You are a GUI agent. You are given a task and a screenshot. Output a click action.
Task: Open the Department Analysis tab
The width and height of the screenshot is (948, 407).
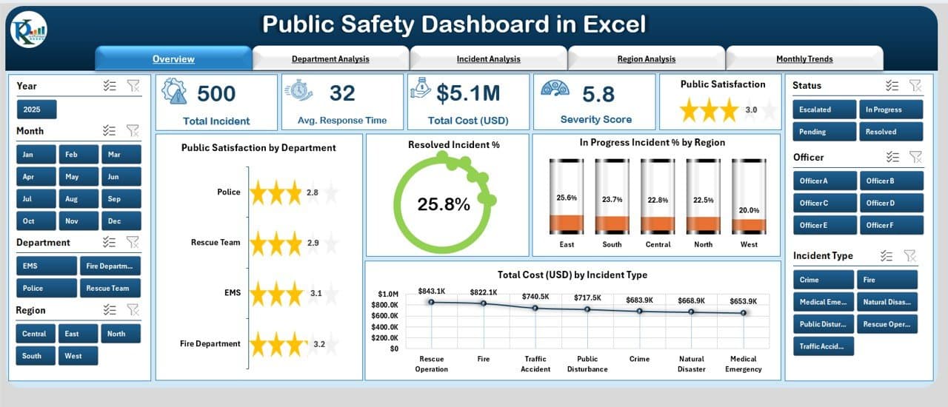330,59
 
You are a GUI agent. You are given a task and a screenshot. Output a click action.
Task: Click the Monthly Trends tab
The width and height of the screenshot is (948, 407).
804,59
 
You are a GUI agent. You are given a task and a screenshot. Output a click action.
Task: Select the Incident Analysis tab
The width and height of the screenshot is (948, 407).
488,59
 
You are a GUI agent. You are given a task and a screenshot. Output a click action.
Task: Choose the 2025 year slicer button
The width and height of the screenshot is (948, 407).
36,110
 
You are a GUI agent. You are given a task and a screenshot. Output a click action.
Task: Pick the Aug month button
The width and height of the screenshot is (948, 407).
71,199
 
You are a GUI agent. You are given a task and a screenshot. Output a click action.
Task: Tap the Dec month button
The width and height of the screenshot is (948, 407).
113,221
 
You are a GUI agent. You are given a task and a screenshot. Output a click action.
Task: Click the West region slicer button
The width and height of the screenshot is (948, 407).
73,356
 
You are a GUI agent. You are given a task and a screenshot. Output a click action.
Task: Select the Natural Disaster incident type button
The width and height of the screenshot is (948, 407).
886,302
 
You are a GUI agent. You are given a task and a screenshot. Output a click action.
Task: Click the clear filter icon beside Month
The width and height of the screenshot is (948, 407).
133,131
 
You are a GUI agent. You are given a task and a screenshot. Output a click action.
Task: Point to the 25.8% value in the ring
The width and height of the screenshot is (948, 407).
443,205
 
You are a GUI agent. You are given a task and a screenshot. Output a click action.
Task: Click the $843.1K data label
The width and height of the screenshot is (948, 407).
432,291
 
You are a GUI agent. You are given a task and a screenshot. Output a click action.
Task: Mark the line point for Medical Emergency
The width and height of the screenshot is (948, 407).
743,313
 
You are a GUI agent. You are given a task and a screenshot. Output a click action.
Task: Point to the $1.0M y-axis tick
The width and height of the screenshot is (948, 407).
389,294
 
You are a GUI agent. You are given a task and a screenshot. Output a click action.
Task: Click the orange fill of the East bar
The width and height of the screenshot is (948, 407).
566,223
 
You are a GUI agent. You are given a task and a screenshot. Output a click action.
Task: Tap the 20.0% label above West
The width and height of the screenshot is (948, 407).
749,210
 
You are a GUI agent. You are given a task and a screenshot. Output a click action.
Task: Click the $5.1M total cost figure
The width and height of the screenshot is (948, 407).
467,93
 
